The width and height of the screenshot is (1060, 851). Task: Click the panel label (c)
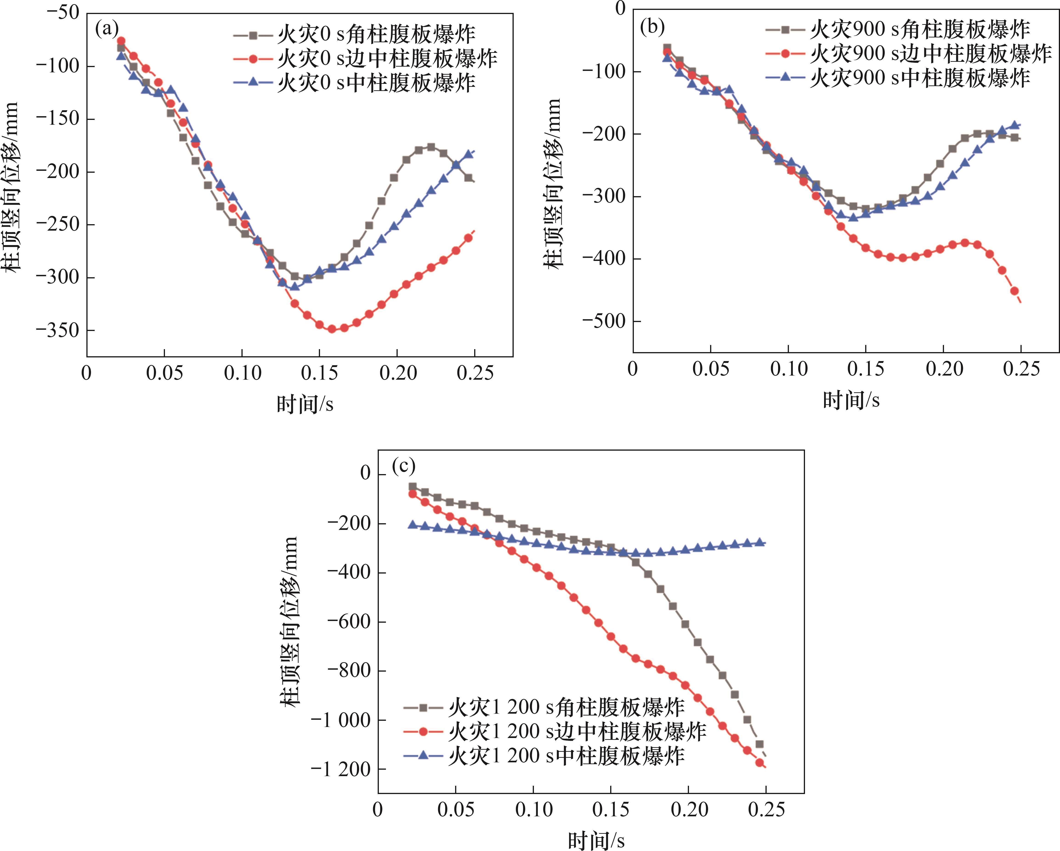(x=404, y=465)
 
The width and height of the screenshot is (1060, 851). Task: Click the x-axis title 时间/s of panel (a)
(x=305, y=404)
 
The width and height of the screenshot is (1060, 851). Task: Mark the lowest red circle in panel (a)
(x=332, y=329)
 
